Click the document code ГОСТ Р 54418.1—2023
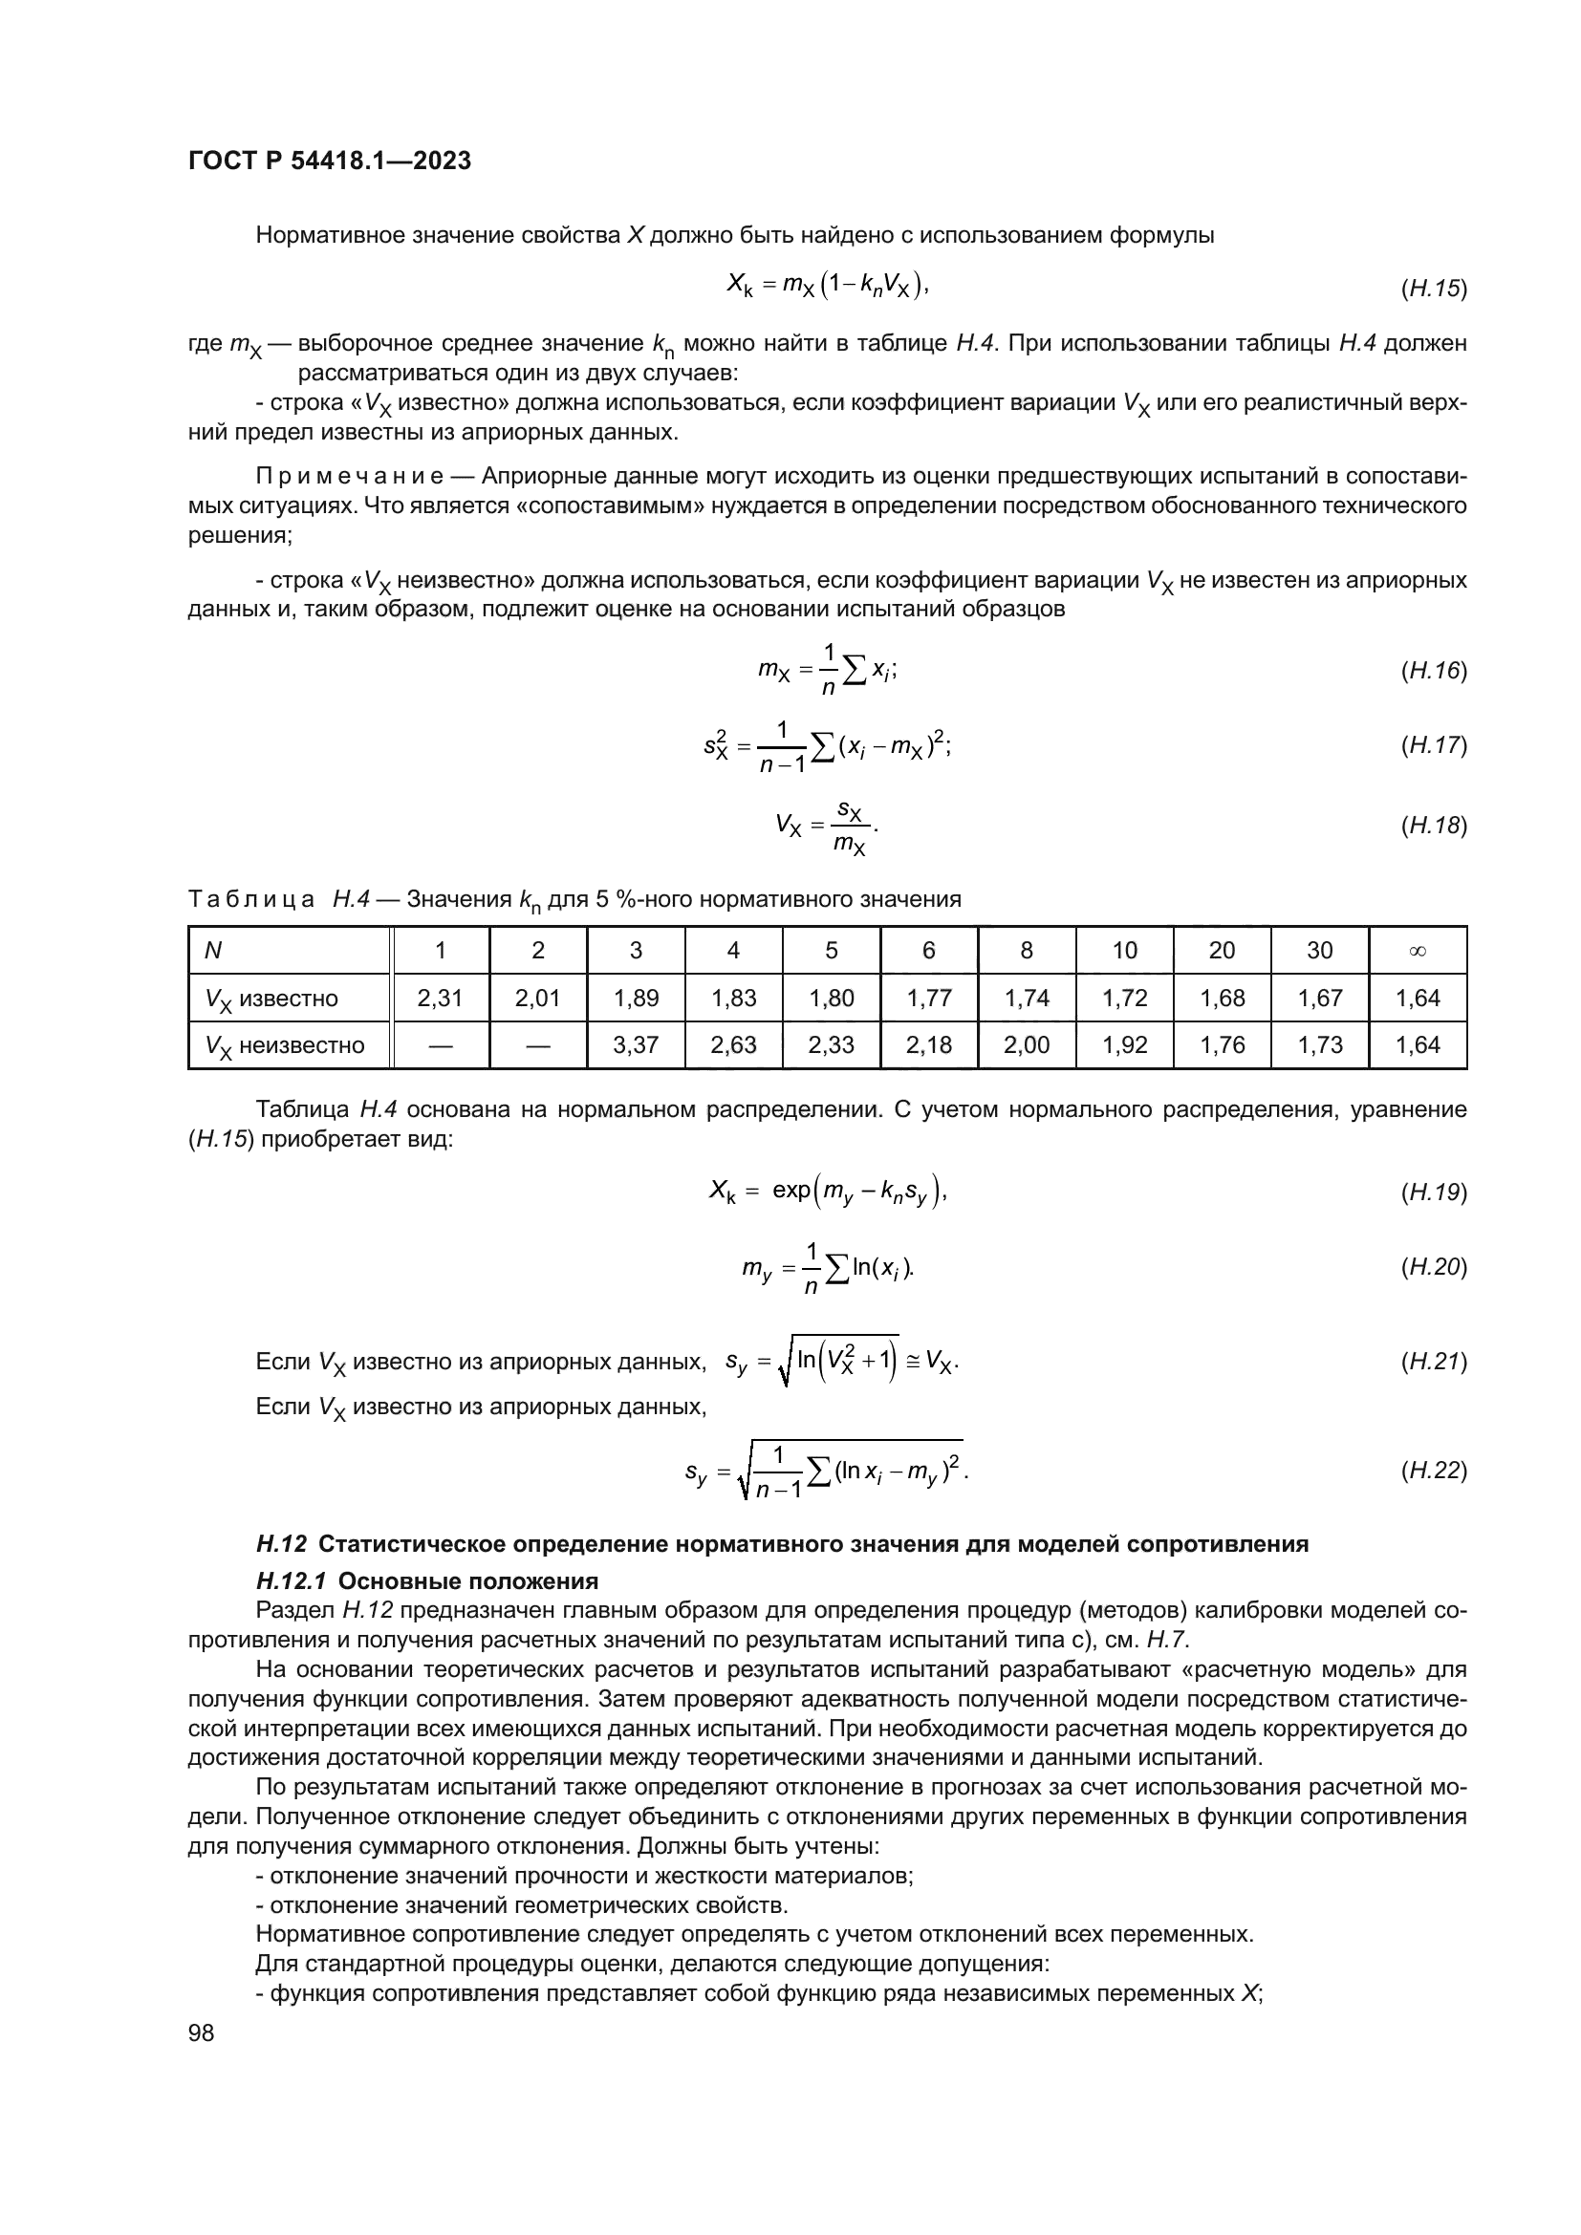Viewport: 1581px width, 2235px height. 329,161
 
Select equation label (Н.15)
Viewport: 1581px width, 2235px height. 1433,289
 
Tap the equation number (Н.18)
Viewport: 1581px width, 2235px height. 1433,826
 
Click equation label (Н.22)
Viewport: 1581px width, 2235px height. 1433,1471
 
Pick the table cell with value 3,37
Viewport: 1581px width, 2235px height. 636,1045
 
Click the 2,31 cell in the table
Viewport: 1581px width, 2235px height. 440,998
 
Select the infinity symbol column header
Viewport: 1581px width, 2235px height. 1417,950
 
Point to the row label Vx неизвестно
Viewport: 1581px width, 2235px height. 285,1045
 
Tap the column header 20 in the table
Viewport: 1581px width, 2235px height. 1222,950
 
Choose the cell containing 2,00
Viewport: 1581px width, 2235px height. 1026,1045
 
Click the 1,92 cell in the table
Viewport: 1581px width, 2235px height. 1124,1045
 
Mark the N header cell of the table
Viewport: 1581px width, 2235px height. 212,950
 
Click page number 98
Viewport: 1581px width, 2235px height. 201,2032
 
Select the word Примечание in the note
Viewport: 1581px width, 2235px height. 350,476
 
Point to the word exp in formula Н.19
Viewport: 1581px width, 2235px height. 790,1191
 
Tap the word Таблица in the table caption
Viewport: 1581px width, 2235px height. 251,898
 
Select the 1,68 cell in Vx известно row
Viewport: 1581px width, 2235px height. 1222,998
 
